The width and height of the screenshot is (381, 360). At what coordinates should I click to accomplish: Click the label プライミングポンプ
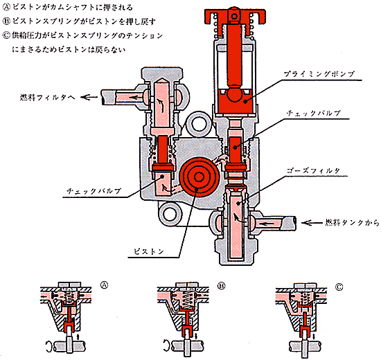(319, 74)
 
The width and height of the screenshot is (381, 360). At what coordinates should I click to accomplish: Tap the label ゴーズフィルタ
(313, 170)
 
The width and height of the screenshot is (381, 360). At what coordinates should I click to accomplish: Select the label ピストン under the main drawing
(149, 251)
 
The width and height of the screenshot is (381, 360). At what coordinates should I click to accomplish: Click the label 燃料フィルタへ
(48, 98)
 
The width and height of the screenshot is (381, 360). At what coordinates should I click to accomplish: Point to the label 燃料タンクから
(353, 222)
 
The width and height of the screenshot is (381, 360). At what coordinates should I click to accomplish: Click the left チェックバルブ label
(94, 191)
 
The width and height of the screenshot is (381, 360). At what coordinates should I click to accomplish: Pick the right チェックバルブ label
(313, 114)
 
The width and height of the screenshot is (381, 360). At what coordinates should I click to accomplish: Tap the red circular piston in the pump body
(199, 177)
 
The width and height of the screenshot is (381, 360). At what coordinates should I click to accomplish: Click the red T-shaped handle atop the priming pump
(234, 16)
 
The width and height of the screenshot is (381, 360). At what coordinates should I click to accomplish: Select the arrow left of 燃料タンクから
(312, 222)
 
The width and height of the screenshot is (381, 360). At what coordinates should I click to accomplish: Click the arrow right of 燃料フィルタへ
(89, 98)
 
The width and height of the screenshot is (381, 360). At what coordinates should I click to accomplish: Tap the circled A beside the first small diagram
(104, 285)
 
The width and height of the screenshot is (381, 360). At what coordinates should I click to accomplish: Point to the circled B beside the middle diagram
(222, 286)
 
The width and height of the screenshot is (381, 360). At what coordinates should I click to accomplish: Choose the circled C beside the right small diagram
(339, 287)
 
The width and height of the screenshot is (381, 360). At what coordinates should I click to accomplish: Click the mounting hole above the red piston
(199, 123)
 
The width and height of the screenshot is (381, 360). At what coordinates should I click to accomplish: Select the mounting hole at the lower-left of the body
(170, 215)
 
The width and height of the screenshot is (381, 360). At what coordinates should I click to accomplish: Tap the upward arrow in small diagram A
(78, 336)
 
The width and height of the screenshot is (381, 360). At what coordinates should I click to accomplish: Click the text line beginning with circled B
(79, 21)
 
